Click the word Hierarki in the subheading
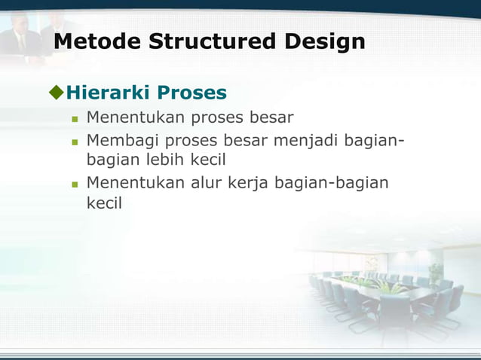click(109, 93)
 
